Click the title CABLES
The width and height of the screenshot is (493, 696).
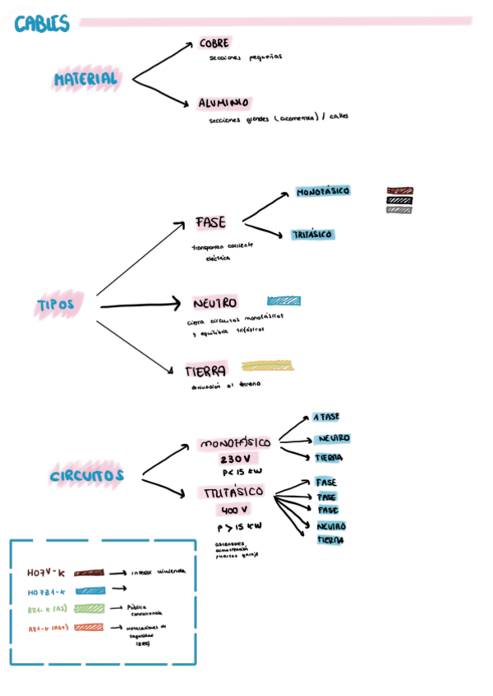[42, 25]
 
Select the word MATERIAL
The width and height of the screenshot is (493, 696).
[85, 80]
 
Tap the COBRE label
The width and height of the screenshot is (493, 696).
[214, 43]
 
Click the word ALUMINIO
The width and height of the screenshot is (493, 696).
[223, 103]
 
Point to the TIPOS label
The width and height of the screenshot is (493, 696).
[56, 304]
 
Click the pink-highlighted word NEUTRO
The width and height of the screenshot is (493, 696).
[215, 303]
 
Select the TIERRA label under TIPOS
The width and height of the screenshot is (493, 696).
[205, 371]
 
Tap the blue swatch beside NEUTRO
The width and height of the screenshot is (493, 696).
[283, 300]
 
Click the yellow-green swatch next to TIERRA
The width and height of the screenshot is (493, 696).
[267, 366]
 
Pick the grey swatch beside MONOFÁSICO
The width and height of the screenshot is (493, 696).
[399, 209]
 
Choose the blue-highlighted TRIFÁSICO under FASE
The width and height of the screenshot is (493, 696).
[312, 235]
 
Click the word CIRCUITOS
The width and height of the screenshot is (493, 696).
[86, 476]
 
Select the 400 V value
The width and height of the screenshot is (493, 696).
[235, 510]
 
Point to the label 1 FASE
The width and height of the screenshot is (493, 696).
[326, 418]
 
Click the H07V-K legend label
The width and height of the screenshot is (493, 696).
[46, 572]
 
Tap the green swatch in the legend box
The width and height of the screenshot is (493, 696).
[90, 608]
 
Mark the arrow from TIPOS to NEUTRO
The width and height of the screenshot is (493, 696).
[140, 305]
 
